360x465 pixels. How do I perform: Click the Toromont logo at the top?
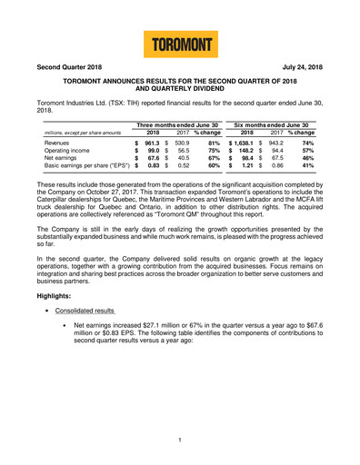179,43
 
